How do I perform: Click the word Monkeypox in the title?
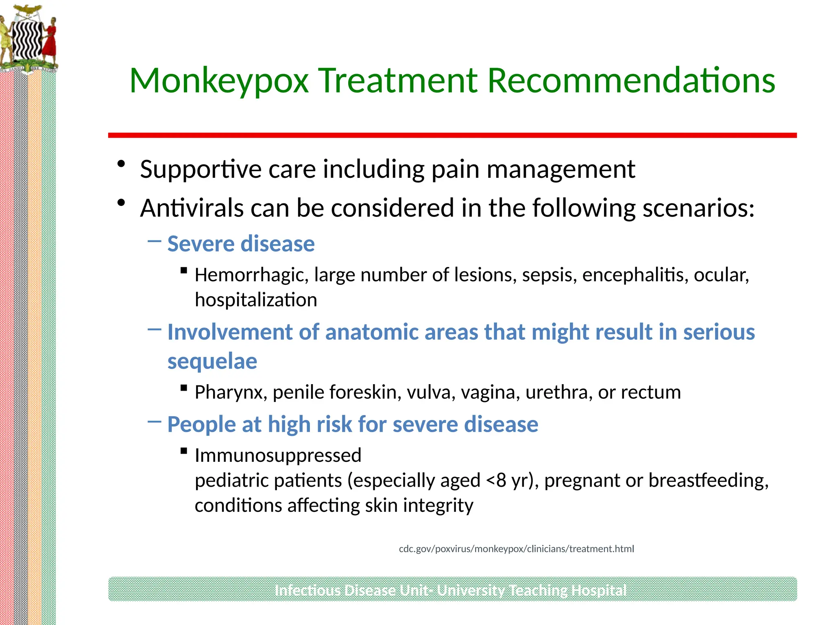coord(219,81)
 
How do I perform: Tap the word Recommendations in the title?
coord(631,81)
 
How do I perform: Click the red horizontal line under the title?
coord(452,135)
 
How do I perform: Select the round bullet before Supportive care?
coord(121,164)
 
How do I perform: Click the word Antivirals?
coord(192,208)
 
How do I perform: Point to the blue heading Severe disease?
coord(241,244)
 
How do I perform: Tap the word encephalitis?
coord(635,275)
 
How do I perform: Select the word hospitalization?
coord(256,300)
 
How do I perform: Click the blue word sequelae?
coord(212,361)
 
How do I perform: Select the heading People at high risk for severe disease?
coord(353,424)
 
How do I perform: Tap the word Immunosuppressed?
coord(278,455)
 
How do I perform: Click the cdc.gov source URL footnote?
coord(516,549)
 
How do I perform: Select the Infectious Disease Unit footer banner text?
coord(450,590)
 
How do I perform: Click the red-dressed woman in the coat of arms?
coord(50,41)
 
